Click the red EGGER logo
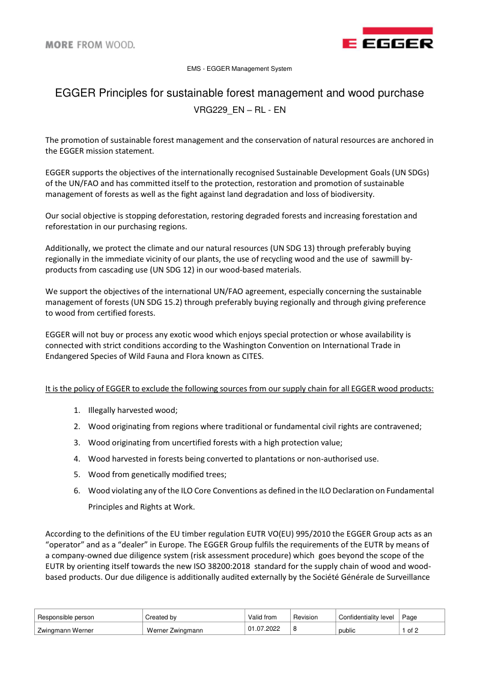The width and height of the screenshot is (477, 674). (x=387, y=38)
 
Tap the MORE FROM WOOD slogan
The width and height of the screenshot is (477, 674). (x=90, y=44)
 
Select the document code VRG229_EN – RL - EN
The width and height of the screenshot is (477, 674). (x=239, y=110)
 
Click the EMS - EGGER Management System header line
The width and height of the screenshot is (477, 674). (x=239, y=69)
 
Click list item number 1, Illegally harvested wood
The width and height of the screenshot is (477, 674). (x=133, y=410)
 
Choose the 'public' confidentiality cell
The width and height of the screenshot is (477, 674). (x=347, y=630)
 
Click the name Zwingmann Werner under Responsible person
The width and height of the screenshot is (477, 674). (x=65, y=630)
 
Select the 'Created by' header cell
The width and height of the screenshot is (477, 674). (x=161, y=617)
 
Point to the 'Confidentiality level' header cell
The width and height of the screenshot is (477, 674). (x=366, y=617)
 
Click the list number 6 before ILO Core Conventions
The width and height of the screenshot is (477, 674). (x=77, y=490)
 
